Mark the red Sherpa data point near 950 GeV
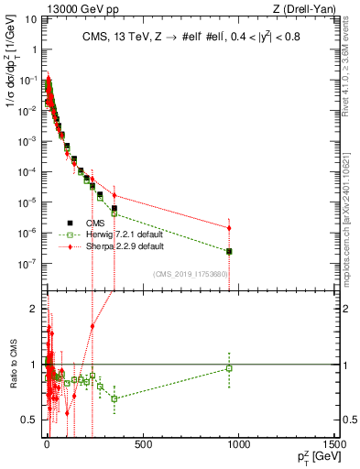(229, 227)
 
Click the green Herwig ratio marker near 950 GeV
(229, 368)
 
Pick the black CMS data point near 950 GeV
(229, 251)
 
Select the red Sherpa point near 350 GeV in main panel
(114, 194)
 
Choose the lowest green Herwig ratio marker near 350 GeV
(114, 398)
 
